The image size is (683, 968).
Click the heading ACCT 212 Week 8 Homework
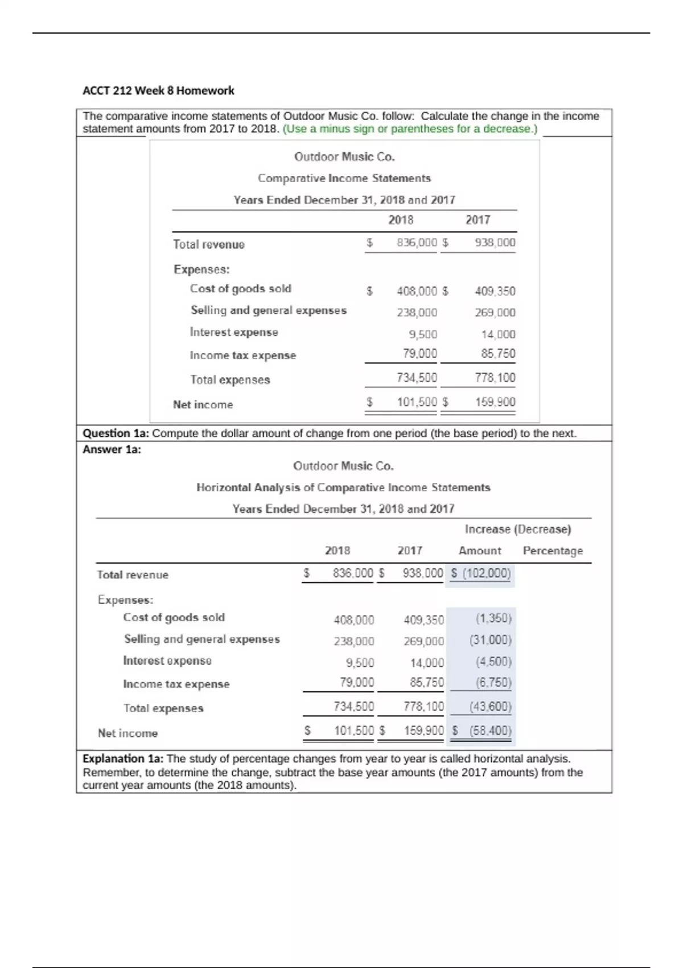point(158,91)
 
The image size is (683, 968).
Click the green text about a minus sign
point(410,129)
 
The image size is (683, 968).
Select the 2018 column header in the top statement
point(401,220)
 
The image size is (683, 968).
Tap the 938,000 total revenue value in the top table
point(495,243)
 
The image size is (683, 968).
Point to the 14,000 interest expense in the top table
point(498,334)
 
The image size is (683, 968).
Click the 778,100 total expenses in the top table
point(495,378)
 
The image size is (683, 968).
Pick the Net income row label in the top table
point(203,405)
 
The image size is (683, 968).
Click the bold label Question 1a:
point(116,433)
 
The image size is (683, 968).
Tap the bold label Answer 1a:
point(112,450)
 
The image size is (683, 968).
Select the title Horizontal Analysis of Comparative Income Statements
point(343,487)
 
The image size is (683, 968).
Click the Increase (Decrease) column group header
point(517,530)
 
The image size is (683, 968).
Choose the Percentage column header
point(553,551)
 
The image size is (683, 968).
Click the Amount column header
point(480,551)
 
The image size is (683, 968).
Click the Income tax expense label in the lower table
point(176,684)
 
